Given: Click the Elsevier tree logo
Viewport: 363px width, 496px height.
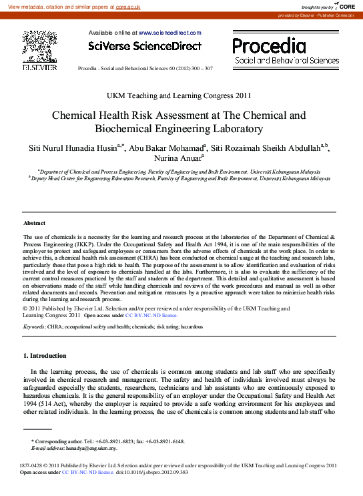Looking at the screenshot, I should point(40,47).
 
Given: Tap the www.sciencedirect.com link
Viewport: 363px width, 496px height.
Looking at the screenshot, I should point(169,32).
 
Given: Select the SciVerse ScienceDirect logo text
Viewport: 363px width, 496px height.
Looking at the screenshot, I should point(144,46).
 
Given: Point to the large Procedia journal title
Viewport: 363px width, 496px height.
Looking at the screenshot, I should point(269,45).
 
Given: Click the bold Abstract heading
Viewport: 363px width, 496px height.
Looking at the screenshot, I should point(34,223).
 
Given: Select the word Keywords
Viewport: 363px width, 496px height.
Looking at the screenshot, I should point(34,327).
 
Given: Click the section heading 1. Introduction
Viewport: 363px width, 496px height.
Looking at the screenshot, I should point(45,356).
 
